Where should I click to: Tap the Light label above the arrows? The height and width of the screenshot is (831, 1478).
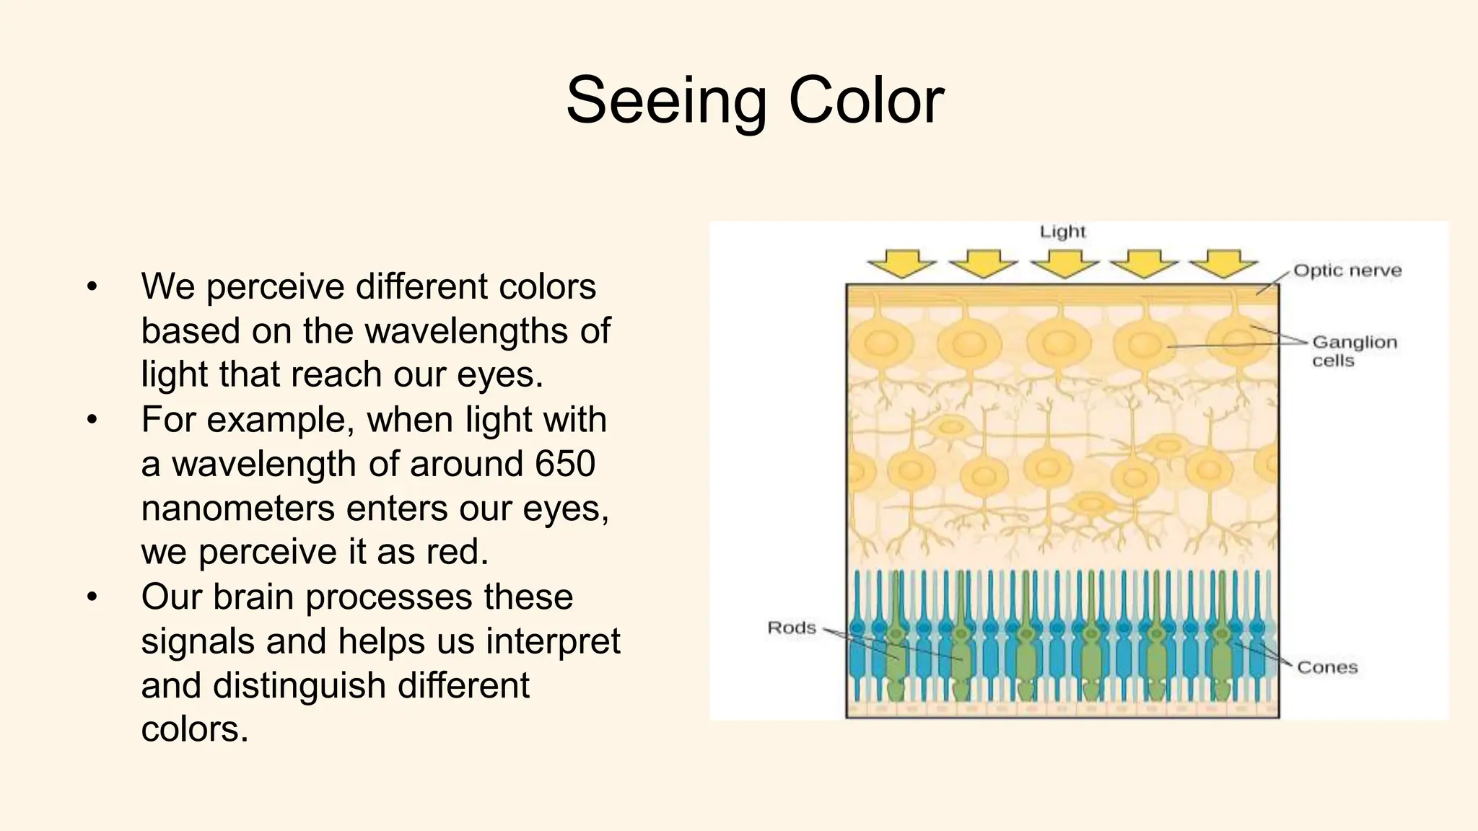[1062, 232]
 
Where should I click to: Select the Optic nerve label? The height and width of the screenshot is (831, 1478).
[1347, 271]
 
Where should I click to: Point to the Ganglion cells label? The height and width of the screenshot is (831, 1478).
[1354, 351]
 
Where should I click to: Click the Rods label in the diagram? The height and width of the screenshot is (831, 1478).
[791, 628]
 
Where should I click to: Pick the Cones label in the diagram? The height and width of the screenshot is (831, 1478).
[1327, 667]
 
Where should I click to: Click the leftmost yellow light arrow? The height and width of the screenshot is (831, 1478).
[901, 263]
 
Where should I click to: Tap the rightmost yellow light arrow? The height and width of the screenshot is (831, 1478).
[1223, 263]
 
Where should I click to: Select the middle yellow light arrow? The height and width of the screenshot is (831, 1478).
[1064, 263]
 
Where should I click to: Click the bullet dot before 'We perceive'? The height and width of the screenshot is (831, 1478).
[91, 287]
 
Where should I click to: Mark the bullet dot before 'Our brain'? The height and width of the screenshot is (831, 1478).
[91, 597]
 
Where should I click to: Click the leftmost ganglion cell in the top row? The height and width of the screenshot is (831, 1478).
[881, 343]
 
